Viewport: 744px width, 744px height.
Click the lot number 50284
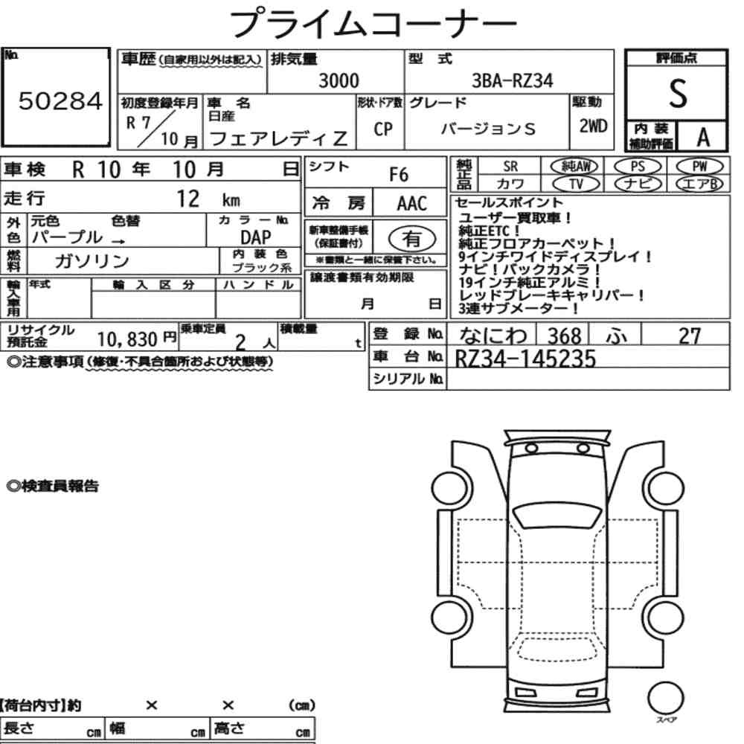(x=60, y=100)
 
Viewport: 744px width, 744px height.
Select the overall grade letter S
(x=678, y=94)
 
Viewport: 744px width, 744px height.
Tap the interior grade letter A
(x=703, y=138)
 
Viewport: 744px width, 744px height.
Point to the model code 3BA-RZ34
(x=512, y=80)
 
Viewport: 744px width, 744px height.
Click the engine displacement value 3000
(x=339, y=80)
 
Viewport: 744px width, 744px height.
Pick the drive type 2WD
(x=593, y=126)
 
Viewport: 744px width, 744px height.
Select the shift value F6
(x=399, y=175)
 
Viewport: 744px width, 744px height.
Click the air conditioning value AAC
(x=412, y=204)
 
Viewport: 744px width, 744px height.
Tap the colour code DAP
(x=256, y=237)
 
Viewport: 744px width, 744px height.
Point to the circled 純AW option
(x=574, y=166)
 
